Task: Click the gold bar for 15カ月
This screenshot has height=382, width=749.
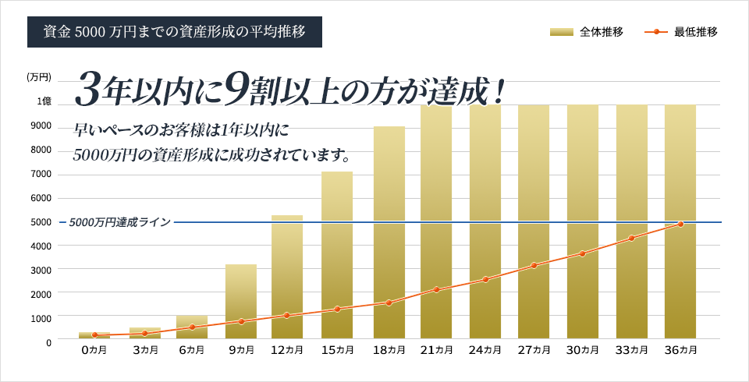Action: pos(337,257)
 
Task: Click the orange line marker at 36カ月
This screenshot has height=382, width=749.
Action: pos(680,224)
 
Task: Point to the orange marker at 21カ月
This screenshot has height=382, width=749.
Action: pos(437,289)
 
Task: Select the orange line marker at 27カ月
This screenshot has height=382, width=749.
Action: pos(534,266)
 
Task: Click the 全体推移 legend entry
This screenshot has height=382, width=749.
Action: pos(586,32)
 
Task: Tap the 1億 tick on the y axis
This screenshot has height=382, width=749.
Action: pos(44,102)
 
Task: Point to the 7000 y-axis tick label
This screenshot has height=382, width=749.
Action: pos(41,174)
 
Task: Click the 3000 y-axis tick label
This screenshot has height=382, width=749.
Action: pos(41,270)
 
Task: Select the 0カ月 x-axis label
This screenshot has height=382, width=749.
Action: pos(94,351)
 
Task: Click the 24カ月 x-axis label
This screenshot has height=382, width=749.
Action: pos(485,351)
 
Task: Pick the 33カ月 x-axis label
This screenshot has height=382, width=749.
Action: pos(632,351)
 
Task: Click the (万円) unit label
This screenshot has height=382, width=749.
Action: pos(39,77)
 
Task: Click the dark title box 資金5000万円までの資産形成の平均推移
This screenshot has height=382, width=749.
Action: pos(174,32)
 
